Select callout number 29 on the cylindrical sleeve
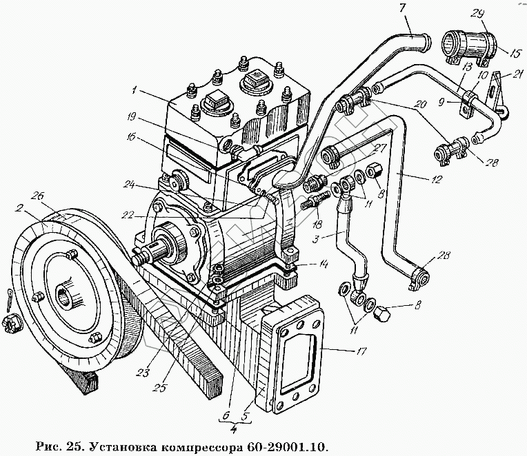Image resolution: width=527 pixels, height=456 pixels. point(477,14)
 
